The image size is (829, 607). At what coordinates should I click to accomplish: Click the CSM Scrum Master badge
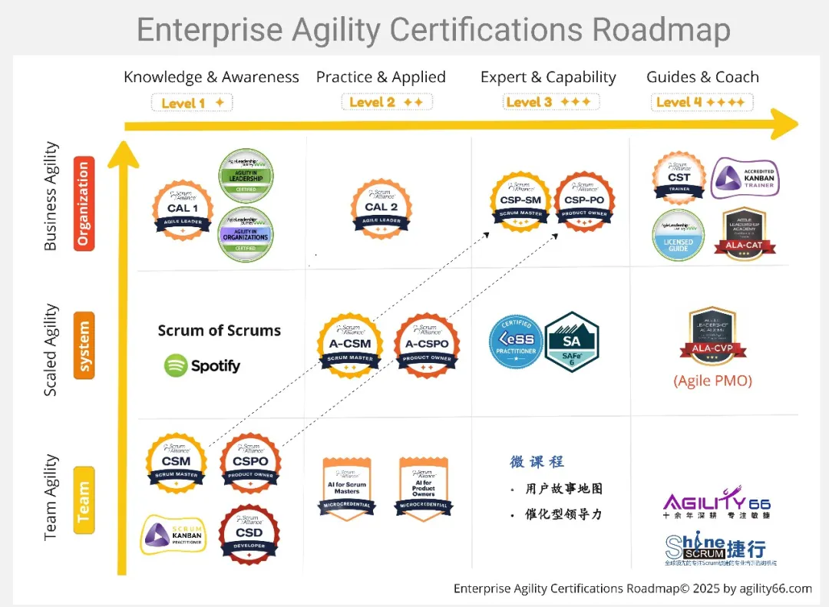coord(176,463)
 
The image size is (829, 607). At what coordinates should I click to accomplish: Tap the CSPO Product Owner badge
coord(250,463)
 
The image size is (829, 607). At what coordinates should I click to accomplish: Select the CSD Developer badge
coord(249,533)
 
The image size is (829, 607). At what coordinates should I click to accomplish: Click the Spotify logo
coord(203,365)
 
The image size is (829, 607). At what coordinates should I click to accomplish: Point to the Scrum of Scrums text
coord(220,331)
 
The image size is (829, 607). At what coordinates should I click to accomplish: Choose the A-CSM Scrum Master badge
coord(350,345)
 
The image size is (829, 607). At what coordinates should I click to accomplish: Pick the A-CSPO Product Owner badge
coord(428,345)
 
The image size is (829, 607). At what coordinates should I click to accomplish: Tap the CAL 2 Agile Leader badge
coord(381,208)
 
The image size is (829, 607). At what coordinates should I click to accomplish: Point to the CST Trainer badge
coord(679,178)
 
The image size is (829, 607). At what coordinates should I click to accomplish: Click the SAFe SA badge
coord(571,341)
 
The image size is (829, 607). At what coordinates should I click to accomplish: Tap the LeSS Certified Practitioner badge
coord(516,341)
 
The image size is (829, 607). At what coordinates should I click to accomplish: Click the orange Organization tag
coord(84,203)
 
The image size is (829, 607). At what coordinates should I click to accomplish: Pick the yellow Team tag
coord(84,500)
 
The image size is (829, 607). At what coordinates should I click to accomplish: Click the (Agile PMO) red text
coord(712,381)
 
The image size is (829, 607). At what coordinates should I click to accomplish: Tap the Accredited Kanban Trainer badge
coord(745,178)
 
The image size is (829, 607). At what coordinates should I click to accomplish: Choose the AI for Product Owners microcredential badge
coord(424,489)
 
